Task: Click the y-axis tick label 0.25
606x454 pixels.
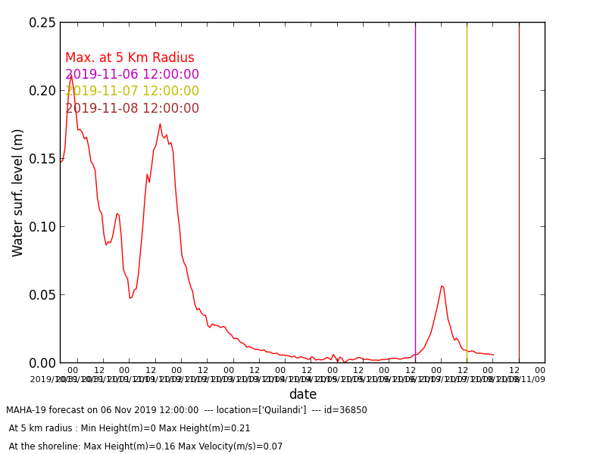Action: point(42,23)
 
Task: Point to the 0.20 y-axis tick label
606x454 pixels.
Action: point(42,91)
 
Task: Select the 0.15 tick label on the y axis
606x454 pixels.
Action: point(42,159)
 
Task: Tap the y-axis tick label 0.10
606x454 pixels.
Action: point(42,227)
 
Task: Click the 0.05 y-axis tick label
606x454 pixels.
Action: point(42,295)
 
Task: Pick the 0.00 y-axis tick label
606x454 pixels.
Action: point(42,363)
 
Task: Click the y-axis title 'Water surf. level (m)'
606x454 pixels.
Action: point(18,192)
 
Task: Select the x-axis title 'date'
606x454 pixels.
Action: point(302,394)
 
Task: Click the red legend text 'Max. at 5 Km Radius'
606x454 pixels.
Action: point(130,58)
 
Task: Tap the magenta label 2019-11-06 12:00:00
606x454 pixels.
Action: point(132,75)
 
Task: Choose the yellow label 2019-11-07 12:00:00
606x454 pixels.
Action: point(132,92)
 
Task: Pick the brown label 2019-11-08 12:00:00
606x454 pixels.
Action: point(132,109)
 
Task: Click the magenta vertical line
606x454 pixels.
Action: point(415,189)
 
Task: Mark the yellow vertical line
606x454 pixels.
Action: point(467,189)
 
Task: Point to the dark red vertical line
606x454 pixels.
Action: point(519,189)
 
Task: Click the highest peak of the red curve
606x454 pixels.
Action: point(71,76)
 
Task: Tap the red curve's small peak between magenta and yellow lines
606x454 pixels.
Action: point(442,286)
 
